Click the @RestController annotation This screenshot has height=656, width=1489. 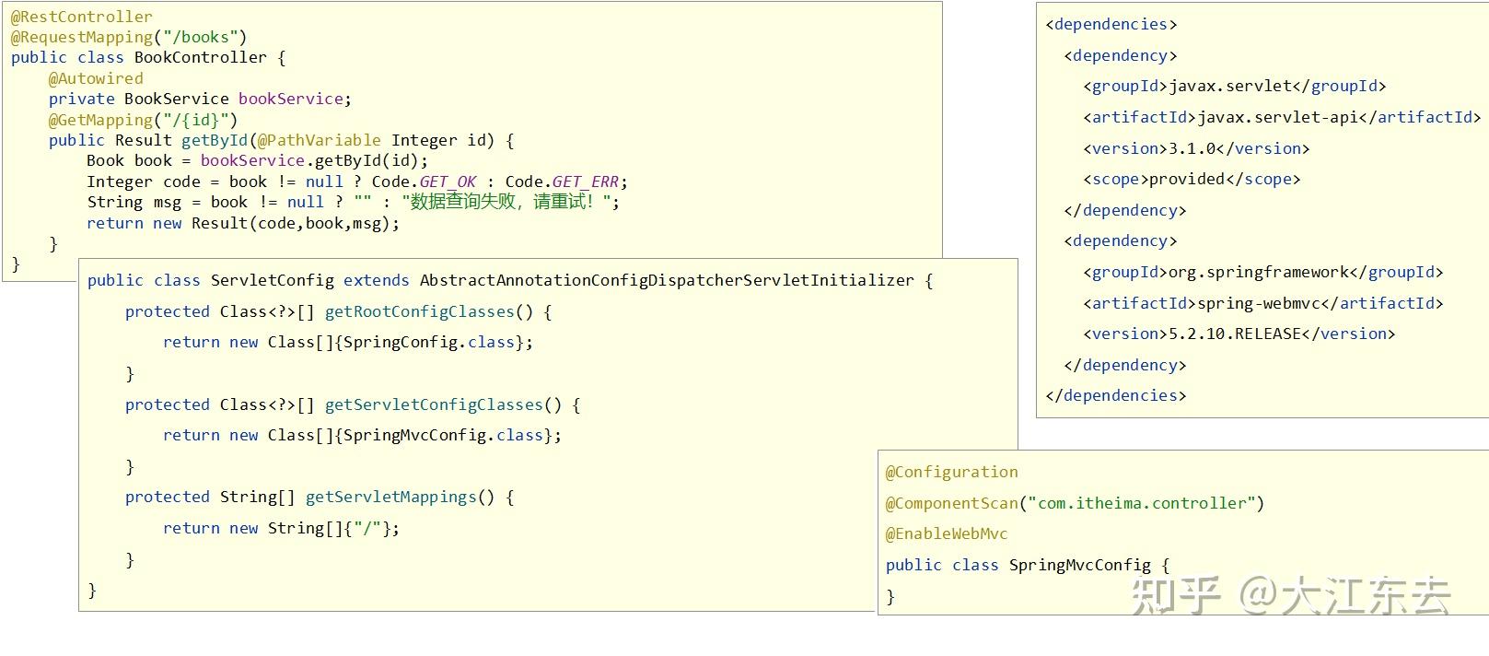click(82, 17)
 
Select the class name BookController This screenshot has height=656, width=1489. click(200, 58)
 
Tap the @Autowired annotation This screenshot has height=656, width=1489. click(96, 78)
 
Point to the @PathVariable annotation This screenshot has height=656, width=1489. click(319, 140)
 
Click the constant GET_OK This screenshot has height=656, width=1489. click(448, 182)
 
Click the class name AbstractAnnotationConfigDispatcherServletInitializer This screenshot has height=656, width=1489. click(667, 281)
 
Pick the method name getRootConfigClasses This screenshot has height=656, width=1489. click(420, 312)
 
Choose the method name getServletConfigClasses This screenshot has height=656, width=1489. click(434, 405)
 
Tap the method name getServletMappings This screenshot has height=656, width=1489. click(390, 497)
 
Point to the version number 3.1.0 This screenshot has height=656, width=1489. click(1196, 148)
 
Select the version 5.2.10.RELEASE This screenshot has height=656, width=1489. click(1235, 334)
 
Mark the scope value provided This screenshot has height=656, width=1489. click(1187, 179)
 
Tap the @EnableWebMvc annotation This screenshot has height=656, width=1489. click(947, 533)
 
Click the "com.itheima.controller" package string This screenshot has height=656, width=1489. click(1142, 503)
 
